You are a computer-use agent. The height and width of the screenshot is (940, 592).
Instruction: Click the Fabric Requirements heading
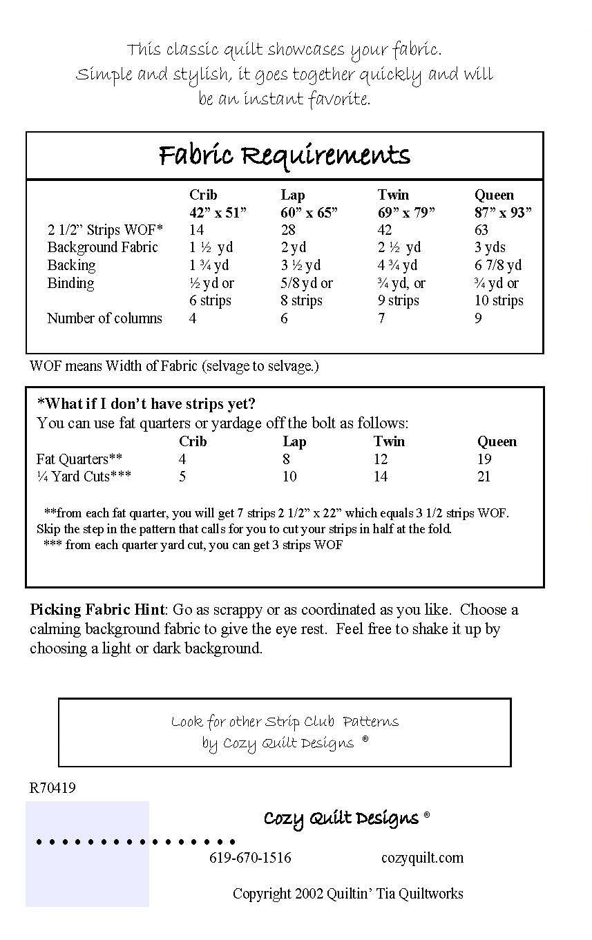point(284,155)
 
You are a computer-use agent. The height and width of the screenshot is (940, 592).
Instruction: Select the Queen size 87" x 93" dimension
point(503,213)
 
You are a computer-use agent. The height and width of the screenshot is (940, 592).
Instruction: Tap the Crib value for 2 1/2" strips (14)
point(197,230)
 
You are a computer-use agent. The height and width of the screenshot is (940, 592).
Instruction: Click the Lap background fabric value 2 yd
point(294,248)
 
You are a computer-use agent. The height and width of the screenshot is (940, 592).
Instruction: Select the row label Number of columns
point(104,318)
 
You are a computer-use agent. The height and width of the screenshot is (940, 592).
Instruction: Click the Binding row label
point(70,283)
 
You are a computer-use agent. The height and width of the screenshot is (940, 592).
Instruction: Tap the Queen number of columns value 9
point(478,318)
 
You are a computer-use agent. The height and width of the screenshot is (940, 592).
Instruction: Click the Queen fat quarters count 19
point(484,459)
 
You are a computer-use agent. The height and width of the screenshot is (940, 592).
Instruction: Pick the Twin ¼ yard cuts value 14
point(381,477)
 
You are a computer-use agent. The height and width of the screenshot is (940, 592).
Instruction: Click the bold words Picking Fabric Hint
point(97,610)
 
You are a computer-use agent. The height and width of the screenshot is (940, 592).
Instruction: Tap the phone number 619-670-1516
point(250,858)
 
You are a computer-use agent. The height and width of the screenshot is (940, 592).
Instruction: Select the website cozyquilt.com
point(422,858)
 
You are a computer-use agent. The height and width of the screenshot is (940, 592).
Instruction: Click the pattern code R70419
point(52,788)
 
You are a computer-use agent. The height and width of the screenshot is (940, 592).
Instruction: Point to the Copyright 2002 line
point(347,894)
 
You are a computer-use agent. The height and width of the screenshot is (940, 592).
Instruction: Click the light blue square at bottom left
point(87,854)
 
